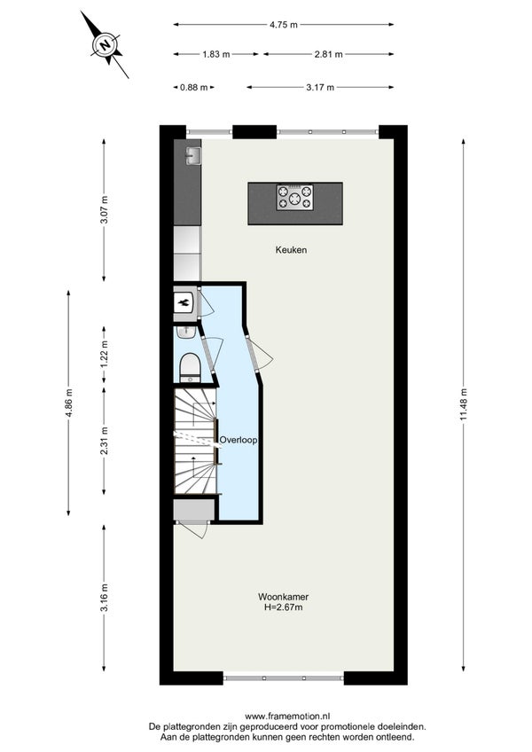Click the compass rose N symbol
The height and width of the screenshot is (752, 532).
(x=105, y=44)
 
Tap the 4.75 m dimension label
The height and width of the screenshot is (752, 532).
(x=284, y=25)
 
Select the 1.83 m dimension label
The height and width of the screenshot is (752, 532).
(x=215, y=54)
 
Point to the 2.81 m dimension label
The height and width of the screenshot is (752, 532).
(x=329, y=54)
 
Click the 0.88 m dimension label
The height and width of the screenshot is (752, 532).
(x=194, y=87)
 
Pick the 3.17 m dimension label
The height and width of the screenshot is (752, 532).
(x=320, y=87)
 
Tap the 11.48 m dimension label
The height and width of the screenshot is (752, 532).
(x=463, y=403)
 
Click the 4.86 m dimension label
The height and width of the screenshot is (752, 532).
(x=68, y=403)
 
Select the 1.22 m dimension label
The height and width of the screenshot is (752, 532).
(x=104, y=355)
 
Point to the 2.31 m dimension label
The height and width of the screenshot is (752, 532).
(x=104, y=441)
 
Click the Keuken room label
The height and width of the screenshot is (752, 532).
(x=291, y=250)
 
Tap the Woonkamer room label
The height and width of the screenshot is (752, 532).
(x=283, y=597)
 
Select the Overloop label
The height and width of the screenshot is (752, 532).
(x=239, y=440)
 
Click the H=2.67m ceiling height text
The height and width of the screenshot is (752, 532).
(x=283, y=607)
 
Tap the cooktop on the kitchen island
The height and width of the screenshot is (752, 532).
(x=294, y=197)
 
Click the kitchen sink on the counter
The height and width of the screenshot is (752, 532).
(x=193, y=155)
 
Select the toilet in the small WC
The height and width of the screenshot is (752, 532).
(x=190, y=367)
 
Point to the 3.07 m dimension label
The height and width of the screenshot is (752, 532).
(x=104, y=209)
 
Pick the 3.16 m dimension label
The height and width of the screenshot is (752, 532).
(x=104, y=598)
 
